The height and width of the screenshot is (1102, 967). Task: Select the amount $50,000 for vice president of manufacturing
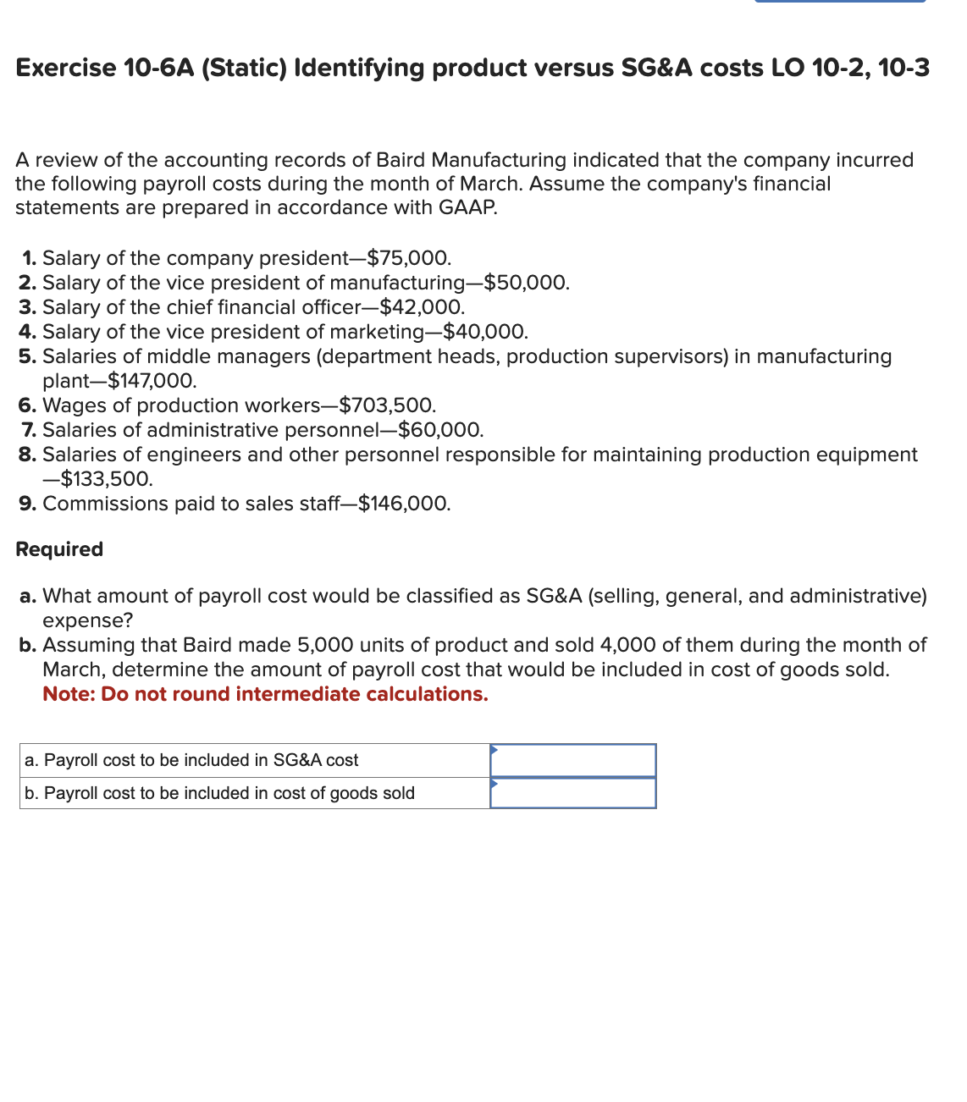(526, 283)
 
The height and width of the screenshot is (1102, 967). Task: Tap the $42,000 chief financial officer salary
(421, 307)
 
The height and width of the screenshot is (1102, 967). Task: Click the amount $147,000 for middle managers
(152, 381)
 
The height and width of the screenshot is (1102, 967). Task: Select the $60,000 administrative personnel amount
(440, 430)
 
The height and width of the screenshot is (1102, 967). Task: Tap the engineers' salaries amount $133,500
(106, 479)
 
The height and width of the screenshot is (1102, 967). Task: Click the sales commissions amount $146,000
(404, 504)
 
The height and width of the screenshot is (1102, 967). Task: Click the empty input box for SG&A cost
(573, 760)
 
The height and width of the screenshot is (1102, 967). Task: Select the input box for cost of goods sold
(573, 793)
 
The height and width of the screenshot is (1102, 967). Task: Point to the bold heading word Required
(59, 549)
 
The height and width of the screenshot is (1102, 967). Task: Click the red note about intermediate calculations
(265, 694)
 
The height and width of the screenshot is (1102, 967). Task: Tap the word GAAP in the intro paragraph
(467, 207)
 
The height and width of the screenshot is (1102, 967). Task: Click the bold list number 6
(27, 405)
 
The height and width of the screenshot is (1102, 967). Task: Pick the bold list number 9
(27, 504)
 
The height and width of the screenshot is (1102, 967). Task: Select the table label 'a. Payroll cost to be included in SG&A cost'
(191, 760)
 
